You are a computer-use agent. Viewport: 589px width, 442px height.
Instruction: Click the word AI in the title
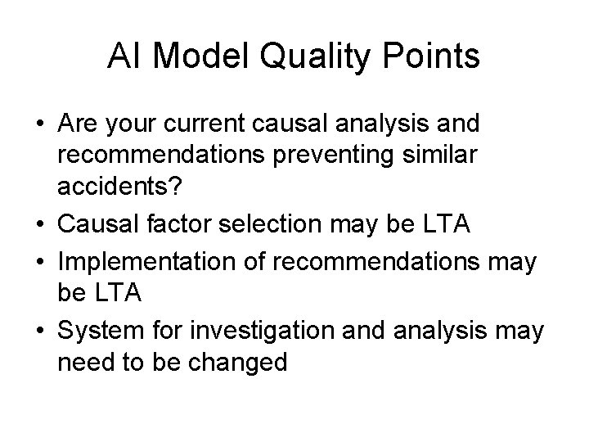pyautogui.click(x=123, y=56)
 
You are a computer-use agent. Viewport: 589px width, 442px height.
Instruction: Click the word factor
pyautogui.click(x=184, y=223)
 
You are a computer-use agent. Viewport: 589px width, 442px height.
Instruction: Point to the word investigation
pyautogui.click(x=252, y=331)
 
